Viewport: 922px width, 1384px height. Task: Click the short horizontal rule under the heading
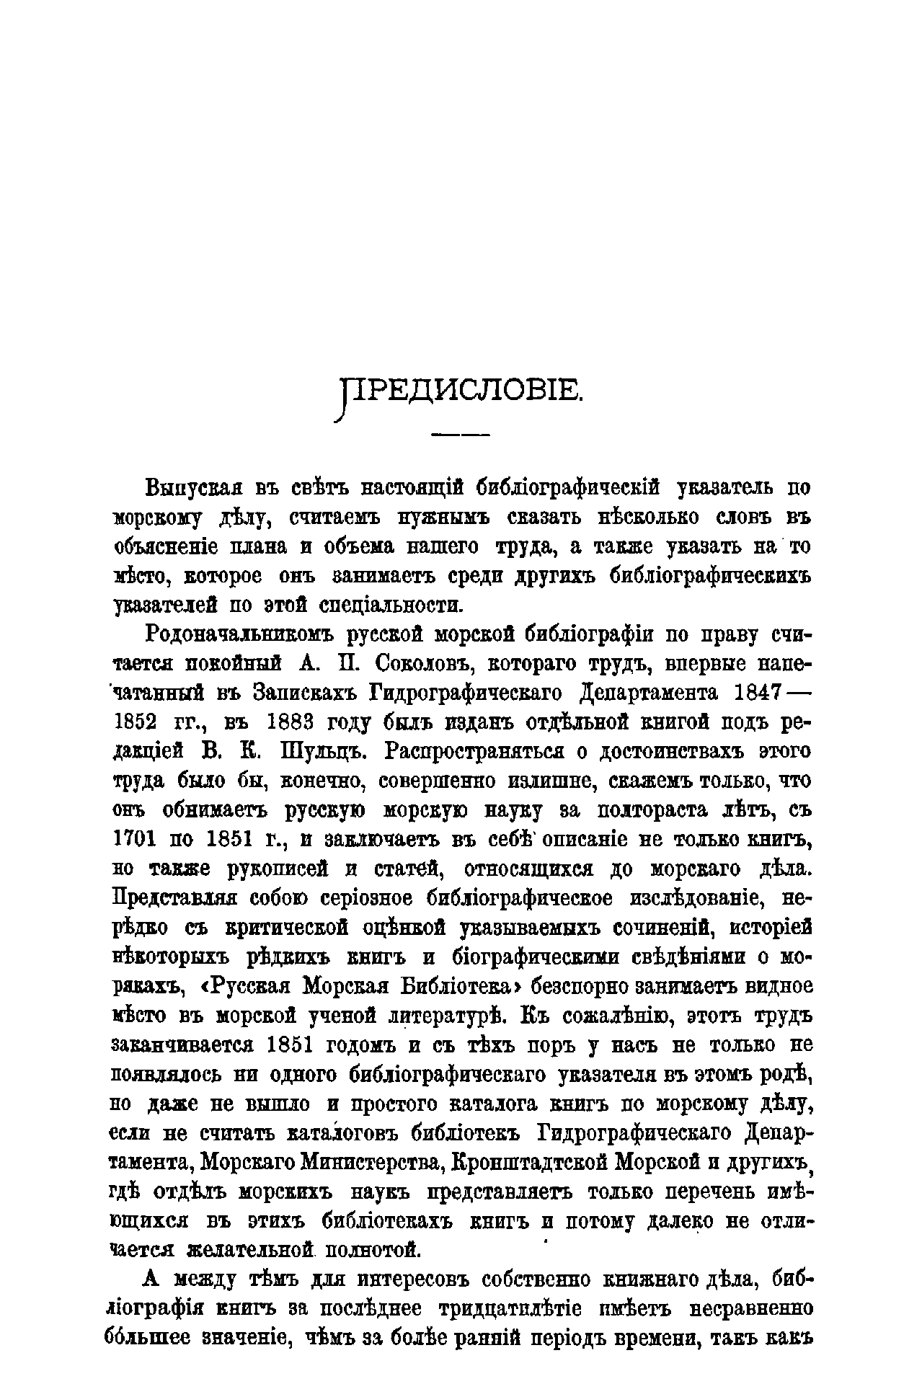(460, 436)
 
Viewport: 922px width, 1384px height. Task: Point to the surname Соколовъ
(406, 664)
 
